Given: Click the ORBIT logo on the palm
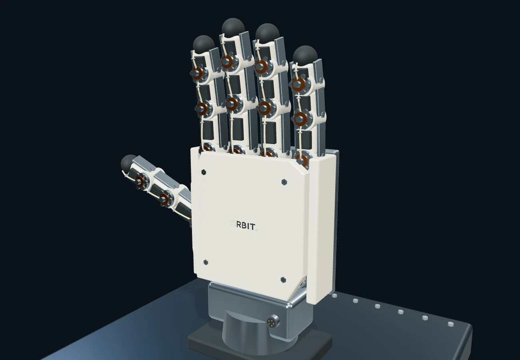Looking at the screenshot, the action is (244, 225).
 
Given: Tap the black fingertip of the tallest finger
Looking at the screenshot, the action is (233, 27).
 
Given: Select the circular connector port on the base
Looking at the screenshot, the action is (273, 321).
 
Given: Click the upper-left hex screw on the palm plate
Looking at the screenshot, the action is (204, 172).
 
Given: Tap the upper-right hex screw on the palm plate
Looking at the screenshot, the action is (284, 182).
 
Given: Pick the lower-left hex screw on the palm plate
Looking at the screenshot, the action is (206, 262).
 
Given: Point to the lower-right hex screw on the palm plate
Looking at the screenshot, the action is (283, 280).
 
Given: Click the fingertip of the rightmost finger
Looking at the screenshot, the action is (305, 55).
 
